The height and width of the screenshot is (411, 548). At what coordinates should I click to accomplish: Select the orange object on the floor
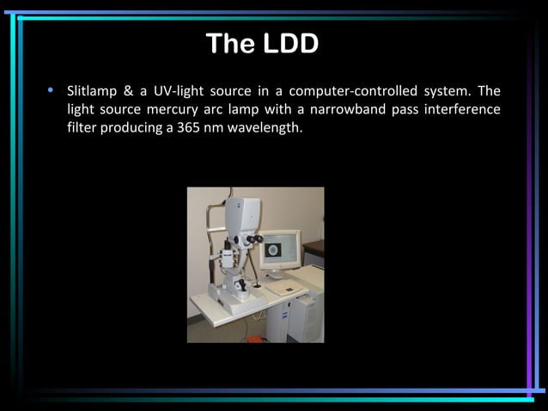[x=255, y=339]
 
